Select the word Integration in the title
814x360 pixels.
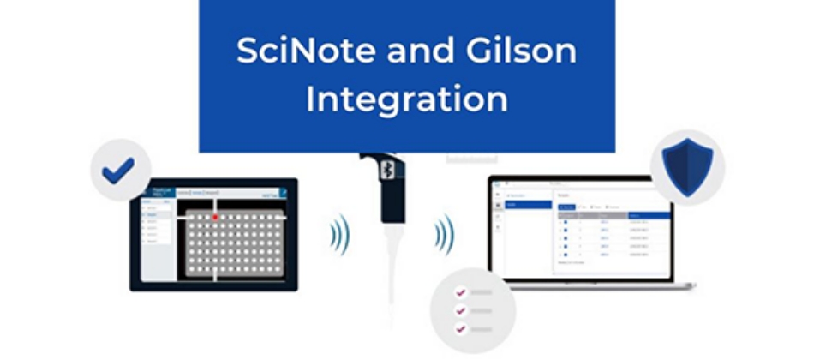point(407,99)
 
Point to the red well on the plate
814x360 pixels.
point(215,218)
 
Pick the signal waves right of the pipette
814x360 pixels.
point(444,232)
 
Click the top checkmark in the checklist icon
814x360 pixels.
point(460,291)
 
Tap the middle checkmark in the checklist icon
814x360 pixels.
point(460,309)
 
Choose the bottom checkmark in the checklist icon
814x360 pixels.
point(460,328)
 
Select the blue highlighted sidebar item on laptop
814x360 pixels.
point(527,204)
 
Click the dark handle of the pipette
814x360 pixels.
point(391,193)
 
